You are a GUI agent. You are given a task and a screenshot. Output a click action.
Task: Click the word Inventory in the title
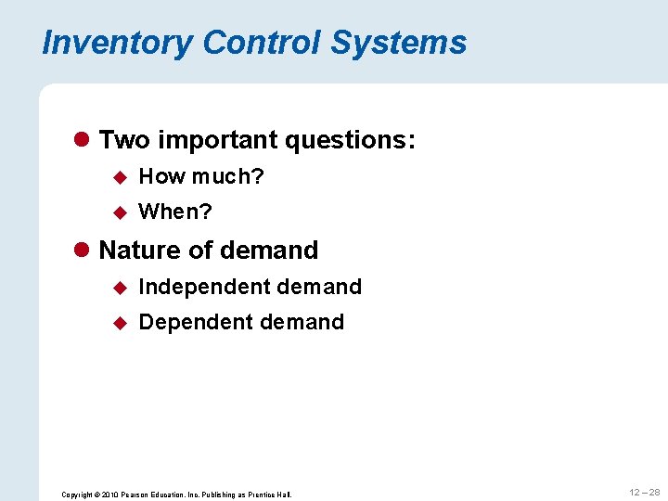[x=118, y=44]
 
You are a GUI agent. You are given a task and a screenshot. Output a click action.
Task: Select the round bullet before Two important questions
[x=83, y=140]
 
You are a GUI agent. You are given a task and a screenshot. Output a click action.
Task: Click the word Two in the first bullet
[x=124, y=140]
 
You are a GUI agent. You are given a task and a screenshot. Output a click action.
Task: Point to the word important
[x=216, y=140]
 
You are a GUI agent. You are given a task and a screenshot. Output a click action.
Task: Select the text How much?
[x=201, y=176]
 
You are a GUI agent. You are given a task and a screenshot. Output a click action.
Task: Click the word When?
[x=175, y=212]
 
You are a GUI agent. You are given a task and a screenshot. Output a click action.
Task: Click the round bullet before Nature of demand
[x=83, y=250]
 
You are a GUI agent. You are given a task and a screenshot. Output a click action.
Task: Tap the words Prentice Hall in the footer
[x=271, y=495]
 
